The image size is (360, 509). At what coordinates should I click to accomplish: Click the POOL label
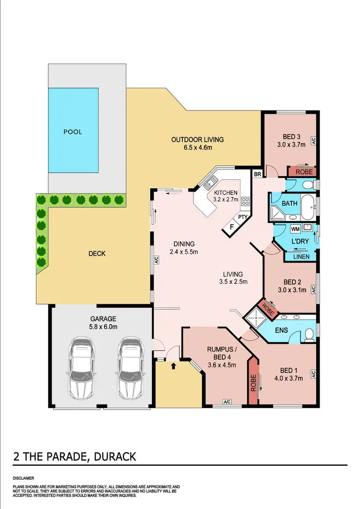pos(72,132)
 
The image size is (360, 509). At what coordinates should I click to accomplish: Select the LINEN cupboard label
pos(300,256)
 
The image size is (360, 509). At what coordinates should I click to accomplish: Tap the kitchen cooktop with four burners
pos(245,202)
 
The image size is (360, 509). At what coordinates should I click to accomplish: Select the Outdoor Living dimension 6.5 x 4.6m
pos(197,148)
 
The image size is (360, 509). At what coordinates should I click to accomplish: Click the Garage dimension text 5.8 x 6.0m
pos(103,327)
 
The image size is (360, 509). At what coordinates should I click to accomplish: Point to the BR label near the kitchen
pos(257,173)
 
